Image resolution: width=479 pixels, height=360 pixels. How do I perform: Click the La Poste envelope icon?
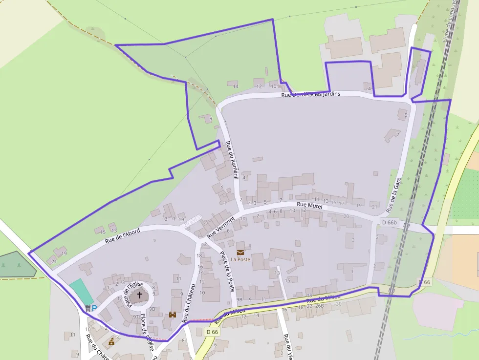coord(240,252)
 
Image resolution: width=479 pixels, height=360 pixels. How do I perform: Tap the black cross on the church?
coord(140,295)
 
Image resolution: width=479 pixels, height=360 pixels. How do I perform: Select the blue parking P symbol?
coord(94,308)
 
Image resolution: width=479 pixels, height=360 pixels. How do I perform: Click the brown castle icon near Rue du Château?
coord(173,315)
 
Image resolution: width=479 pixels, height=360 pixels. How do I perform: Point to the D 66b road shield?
coord(390,223)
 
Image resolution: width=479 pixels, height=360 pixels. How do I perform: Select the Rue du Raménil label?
coord(231,160)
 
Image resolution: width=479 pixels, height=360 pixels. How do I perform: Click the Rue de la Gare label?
coord(395,194)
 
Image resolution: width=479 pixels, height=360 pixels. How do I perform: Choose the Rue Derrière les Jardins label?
coord(310,94)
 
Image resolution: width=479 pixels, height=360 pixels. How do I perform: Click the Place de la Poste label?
coord(227,272)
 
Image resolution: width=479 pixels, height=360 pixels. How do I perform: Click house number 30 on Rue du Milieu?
coord(338,304)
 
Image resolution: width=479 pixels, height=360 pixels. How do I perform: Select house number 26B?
coord(320,306)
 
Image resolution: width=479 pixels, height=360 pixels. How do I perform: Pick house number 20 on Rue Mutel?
coord(346,216)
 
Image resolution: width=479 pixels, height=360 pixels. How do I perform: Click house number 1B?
coord(181,219)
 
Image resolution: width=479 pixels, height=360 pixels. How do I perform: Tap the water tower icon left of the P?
coord(87,308)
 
